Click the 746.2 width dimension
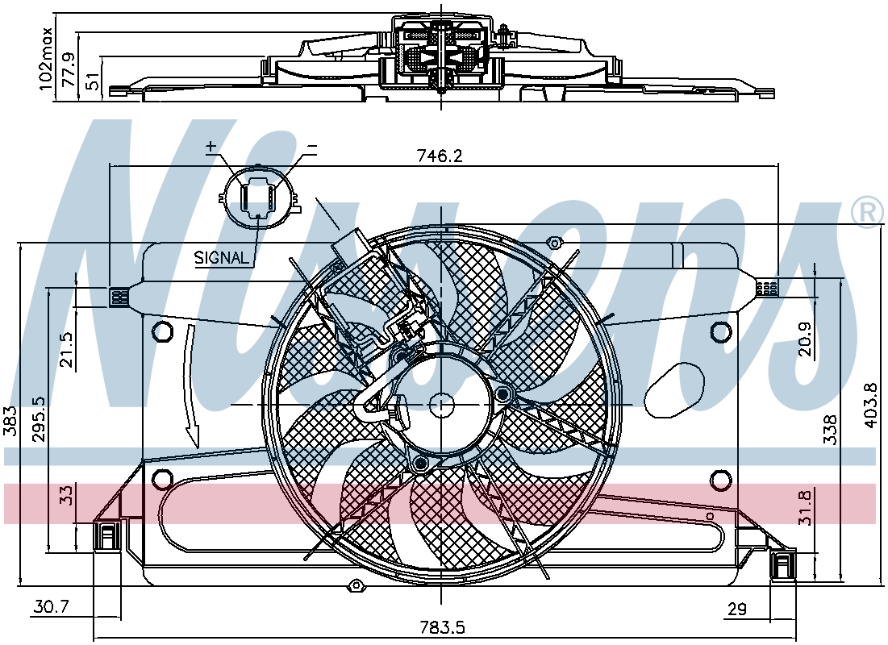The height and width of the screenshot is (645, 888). tap(440, 155)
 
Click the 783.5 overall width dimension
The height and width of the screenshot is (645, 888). tap(442, 627)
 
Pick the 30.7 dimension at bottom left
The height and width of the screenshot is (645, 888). tap(51, 608)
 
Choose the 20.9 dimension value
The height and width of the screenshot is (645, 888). tap(804, 339)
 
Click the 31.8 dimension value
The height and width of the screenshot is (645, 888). tap(805, 507)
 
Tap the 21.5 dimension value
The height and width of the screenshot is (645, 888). tap(67, 350)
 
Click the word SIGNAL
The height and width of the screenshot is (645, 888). tap(222, 258)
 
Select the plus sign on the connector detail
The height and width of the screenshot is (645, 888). tap(211, 147)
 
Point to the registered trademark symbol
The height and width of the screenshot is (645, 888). tap(866, 214)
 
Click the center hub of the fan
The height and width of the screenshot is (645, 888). tap(440, 404)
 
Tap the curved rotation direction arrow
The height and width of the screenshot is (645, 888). tap(191, 386)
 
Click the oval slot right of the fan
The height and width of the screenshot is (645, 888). tap(675, 389)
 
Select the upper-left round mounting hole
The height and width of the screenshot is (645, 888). tap(163, 331)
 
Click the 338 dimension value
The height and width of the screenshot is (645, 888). tap(830, 430)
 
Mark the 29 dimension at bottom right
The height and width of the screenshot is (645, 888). tap(737, 610)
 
